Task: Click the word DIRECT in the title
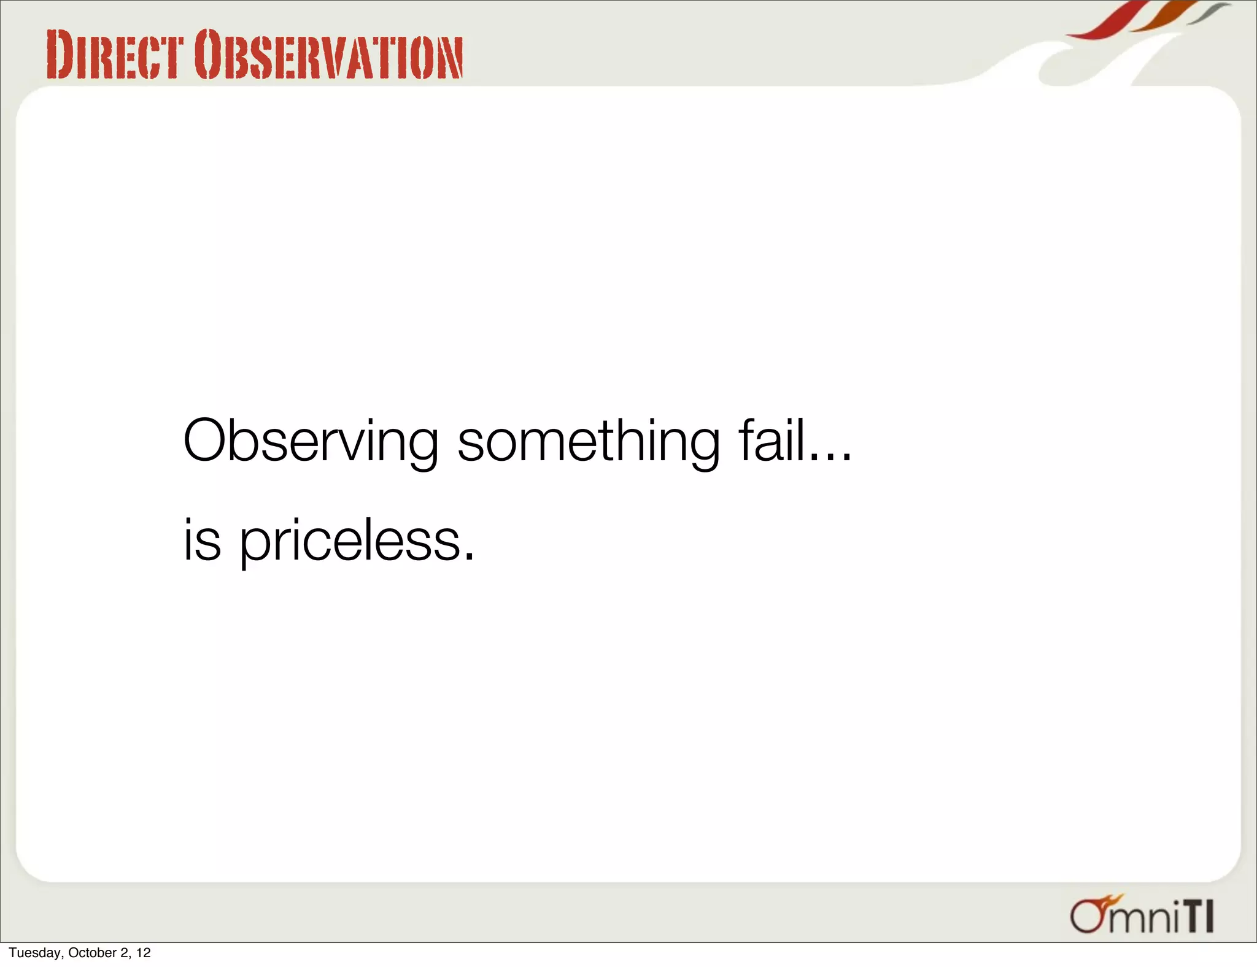pos(115,56)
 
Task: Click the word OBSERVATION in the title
pos(328,56)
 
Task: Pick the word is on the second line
pos(202,540)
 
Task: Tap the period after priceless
pos(470,556)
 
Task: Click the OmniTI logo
pos(1142,916)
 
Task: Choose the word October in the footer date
pos(92,953)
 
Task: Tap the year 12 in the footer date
pos(144,953)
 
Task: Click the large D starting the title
pos(60,56)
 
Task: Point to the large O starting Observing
pos(209,441)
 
